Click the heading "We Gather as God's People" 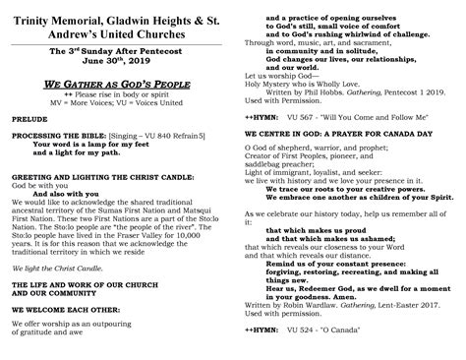[117, 86]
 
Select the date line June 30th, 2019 [116, 58]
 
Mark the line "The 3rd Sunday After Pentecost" [116, 48]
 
